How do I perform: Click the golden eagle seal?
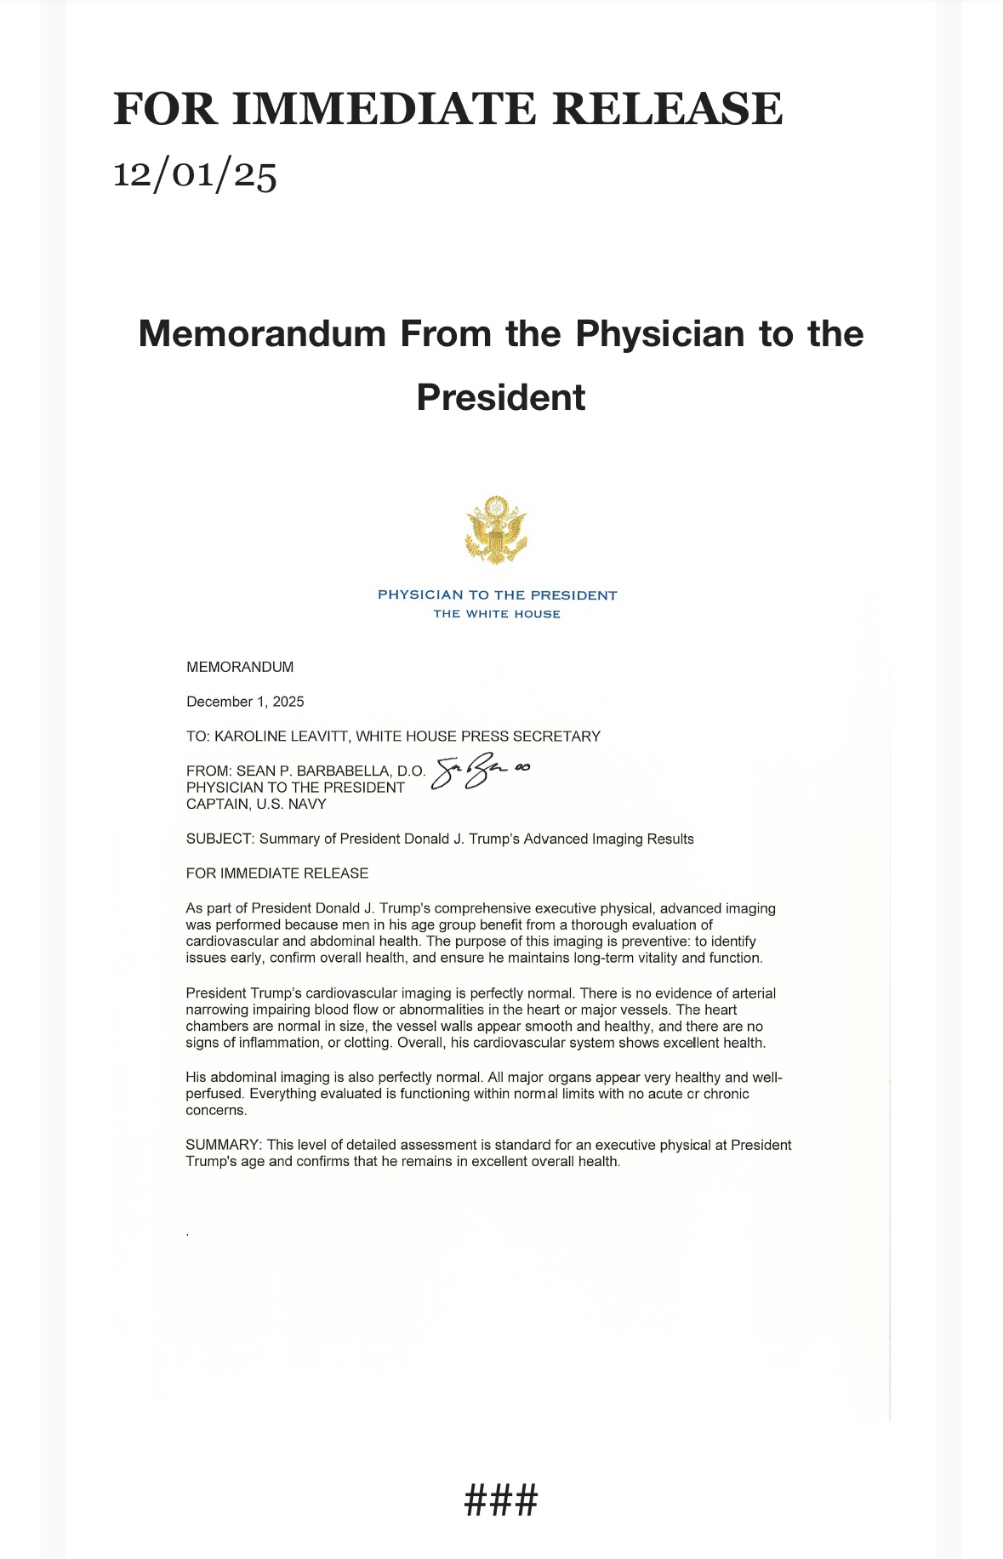coord(496,531)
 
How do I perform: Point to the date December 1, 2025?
coord(245,702)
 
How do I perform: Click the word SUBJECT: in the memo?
coord(219,839)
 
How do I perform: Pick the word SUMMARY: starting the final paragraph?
coord(224,1145)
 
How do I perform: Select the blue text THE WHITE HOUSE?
coord(497,614)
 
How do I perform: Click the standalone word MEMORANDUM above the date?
coord(240,667)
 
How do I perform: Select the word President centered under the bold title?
coord(501,397)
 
